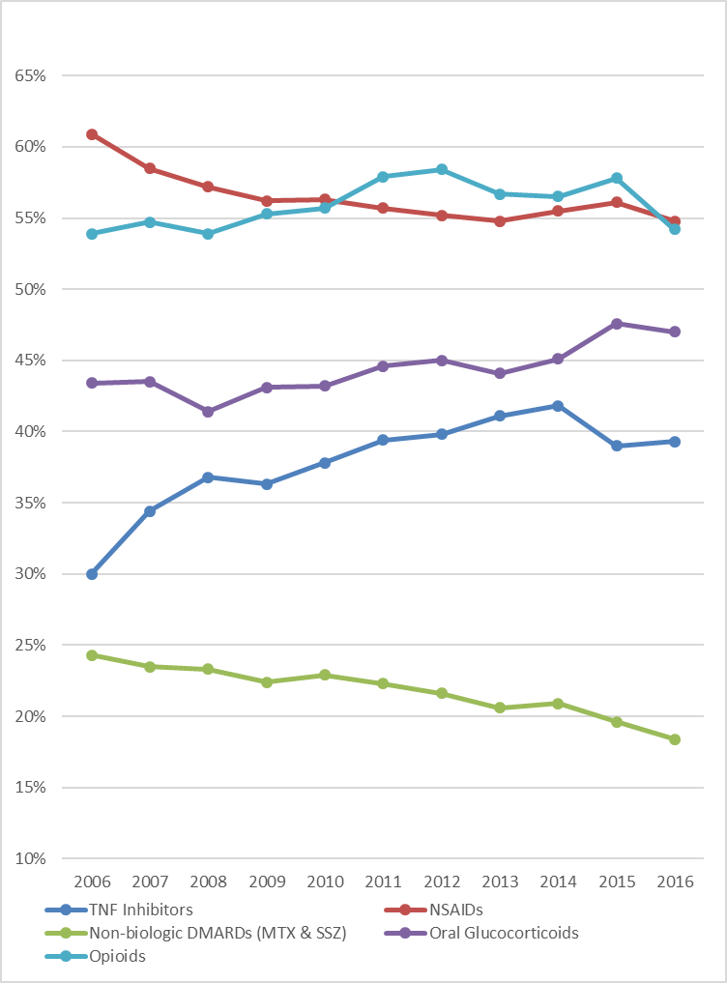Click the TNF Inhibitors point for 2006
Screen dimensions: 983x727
(92, 574)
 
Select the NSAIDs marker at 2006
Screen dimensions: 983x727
(92, 134)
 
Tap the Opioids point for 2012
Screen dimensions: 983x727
(442, 169)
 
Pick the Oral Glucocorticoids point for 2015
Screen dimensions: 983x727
(617, 323)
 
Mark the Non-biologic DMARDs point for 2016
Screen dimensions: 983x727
(675, 739)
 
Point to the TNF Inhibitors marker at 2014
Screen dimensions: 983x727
(558, 406)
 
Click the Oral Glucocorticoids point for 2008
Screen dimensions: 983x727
(208, 412)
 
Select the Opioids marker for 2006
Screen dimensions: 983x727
(92, 234)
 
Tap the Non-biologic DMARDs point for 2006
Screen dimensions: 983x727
(92, 655)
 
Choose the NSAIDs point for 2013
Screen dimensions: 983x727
(500, 221)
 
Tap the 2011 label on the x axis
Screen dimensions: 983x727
(383, 883)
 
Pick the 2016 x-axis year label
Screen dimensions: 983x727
(675, 883)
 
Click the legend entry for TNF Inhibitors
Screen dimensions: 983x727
(140, 910)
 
